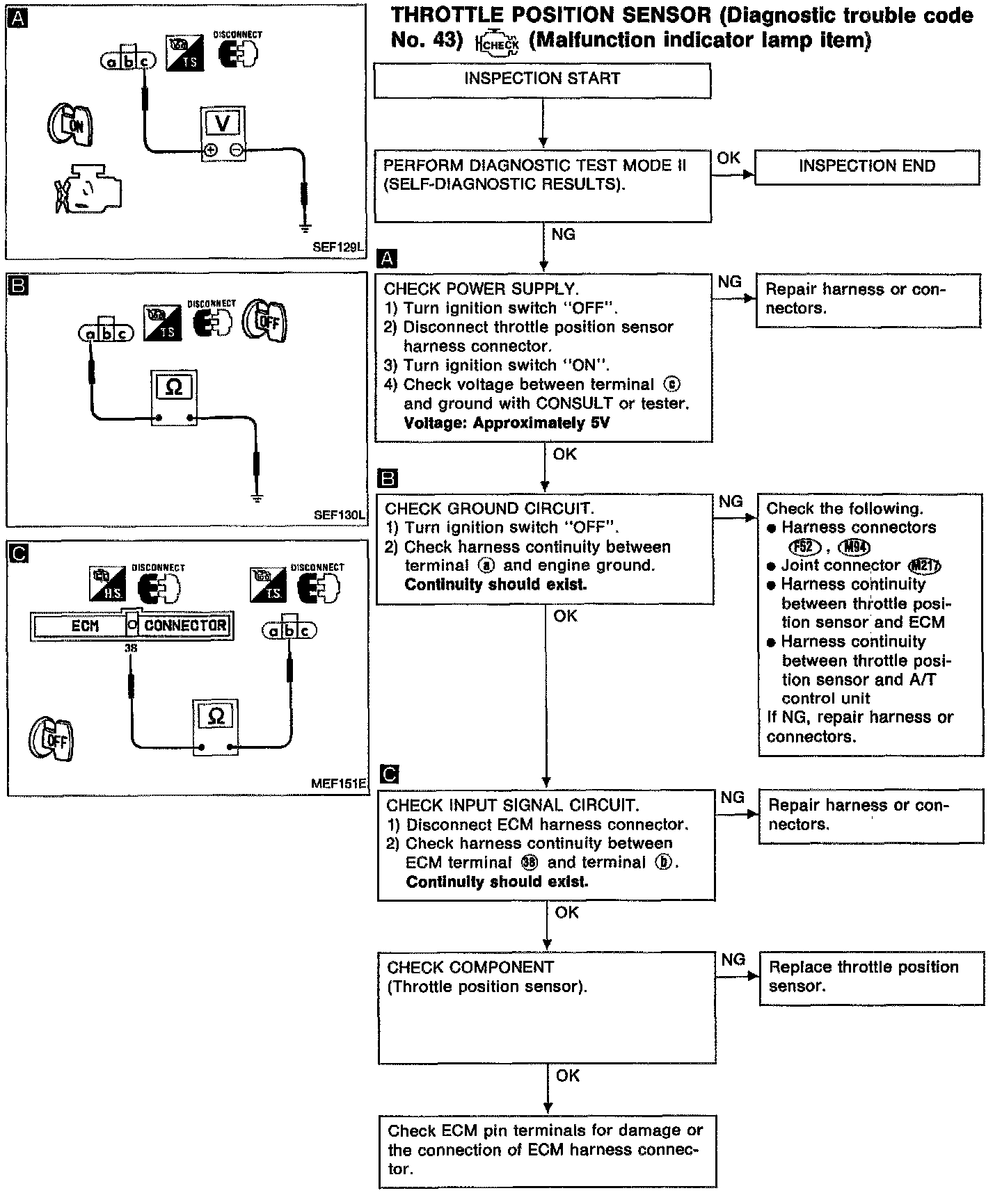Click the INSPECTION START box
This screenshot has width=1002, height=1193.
[x=542, y=79]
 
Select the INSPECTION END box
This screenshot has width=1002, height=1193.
[x=866, y=166]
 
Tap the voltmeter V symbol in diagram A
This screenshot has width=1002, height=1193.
[x=222, y=124]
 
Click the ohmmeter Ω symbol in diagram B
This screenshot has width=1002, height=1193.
[x=174, y=387]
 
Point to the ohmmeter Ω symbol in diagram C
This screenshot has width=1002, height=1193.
[x=216, y=716]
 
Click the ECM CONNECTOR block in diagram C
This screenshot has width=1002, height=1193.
[x=132, y=625]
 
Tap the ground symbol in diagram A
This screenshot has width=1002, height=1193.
[x=304, y=227]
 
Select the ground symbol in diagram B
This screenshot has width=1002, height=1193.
[x=257, y=497]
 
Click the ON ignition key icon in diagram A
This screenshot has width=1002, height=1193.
[x=70, y=125]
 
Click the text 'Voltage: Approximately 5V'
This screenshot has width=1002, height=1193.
[x=507, y=423]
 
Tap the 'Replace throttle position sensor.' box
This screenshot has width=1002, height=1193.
[x=870, y=977]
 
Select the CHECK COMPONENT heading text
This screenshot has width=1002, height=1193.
[x=470, y=967]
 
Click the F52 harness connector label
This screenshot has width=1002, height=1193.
[x=806, y=547]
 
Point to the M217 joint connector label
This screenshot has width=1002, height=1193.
[x=925, y=566]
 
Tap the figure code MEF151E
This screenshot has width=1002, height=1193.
[x=338, y=784]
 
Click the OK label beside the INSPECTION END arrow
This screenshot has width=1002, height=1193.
[x=728, y=159]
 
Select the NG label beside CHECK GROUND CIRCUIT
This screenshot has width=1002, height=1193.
[x=731, y=501]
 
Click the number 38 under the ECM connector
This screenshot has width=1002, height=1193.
[x=131, y=647]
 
